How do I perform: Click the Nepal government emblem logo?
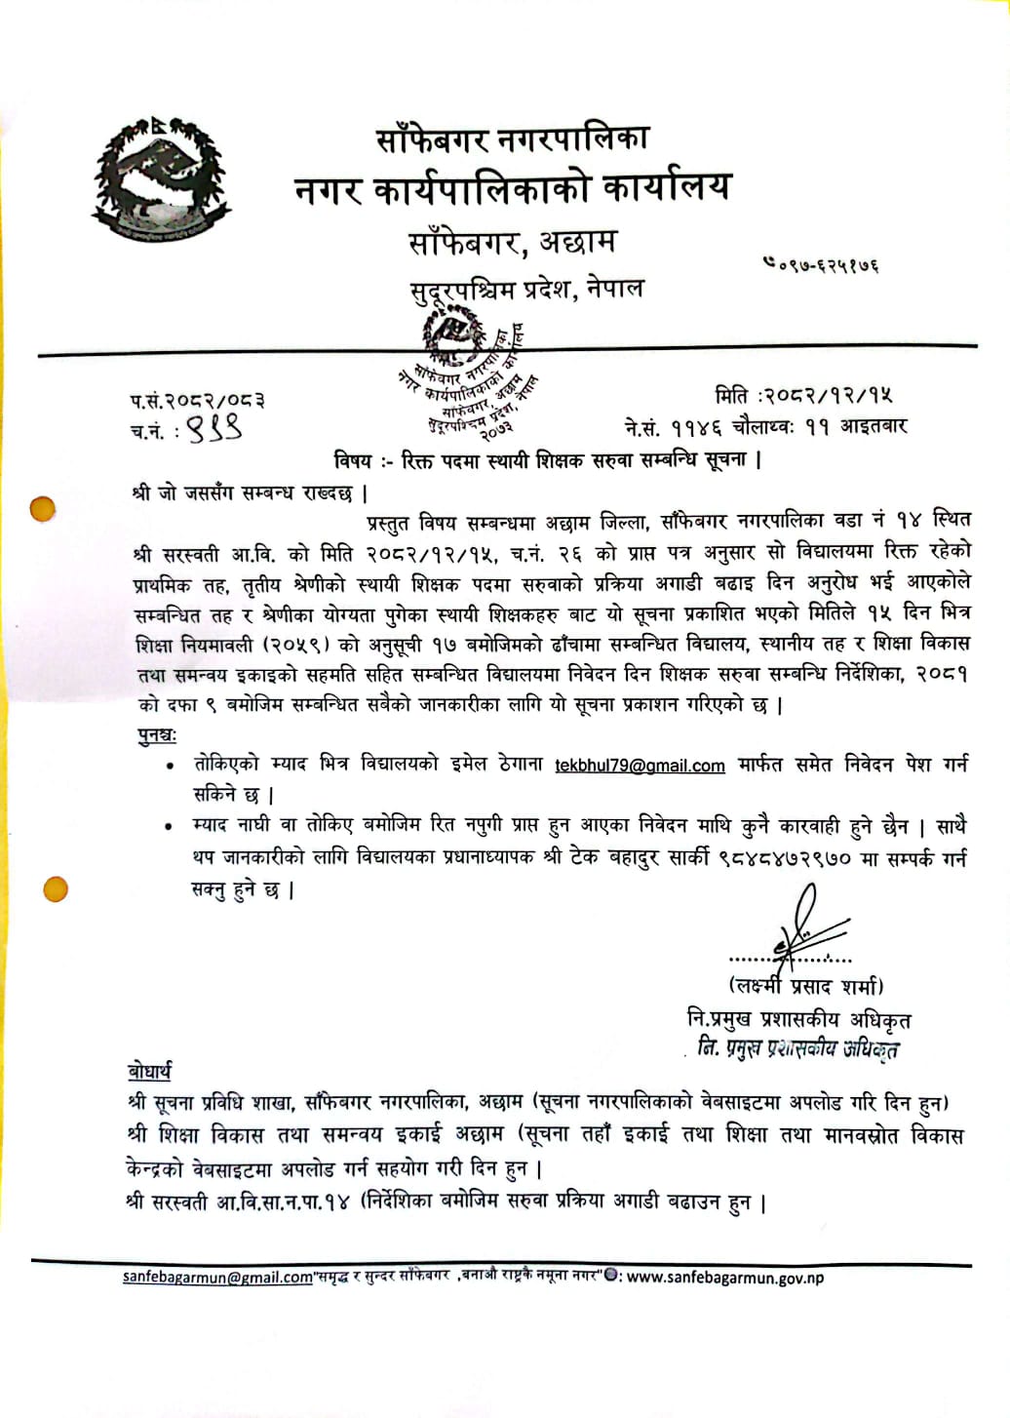pyautogui.click(x=152, y=178)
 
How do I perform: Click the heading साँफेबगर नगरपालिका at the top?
pyautogui.click(x=512, y=138)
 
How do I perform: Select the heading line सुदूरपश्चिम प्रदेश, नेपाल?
pyautogui.click(x=525, y=290)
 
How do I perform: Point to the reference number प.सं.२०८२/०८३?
pyautogui.click(x=197, y=400)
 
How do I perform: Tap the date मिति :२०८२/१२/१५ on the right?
pyautogui.click(x=803, y=395)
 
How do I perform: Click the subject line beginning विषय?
pyautogui.click(x=546, y=458)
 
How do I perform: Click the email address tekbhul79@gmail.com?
pyautogui.click(x=640, y=767)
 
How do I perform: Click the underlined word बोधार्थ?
pyautogui.click(x=149, y=1071)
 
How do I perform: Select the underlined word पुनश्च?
pyautogui.click(x=156, y=734)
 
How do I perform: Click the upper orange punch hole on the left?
pyautogui.click(x=43, y=509)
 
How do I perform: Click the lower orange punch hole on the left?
pyautogui.click(x=56, y=888)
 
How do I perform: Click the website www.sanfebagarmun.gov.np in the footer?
pyautogui.click(x=724, y=1278)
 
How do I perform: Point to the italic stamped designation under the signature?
pyautogui.click(x=797, y=1048)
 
